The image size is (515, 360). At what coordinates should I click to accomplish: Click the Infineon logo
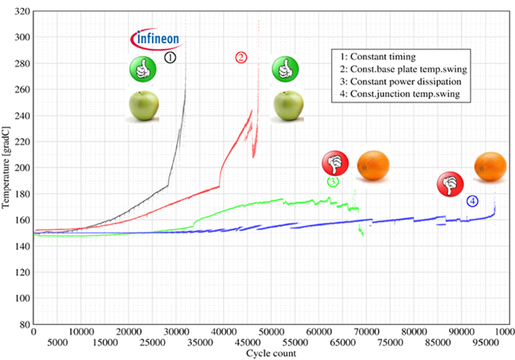click(x=155, y=38)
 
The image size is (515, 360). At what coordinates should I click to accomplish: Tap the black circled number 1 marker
click(x=171, y=57)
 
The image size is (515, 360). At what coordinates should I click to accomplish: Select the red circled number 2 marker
click(x=241, y=57)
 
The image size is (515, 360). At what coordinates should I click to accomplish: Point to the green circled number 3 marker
click(x=333, y=182)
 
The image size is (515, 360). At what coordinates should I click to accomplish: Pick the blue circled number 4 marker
click(x=472, y=201)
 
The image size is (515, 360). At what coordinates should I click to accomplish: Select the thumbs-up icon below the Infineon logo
click(x=143, y=72)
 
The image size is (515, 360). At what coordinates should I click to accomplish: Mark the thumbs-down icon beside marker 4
click(x=449, y=185)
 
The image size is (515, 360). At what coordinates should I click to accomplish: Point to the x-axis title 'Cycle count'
click(x=271, y=354)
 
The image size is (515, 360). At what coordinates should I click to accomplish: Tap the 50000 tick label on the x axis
click(x=271, y=343)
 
